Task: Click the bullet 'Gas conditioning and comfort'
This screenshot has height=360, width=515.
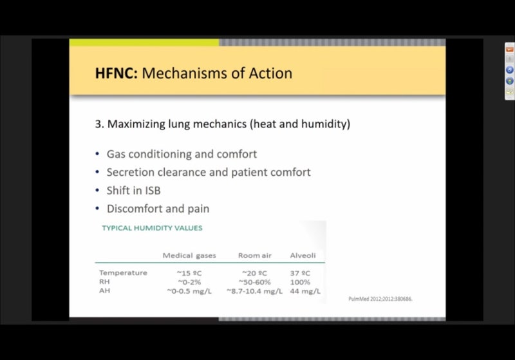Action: pyautogui.click(x=182, y=155)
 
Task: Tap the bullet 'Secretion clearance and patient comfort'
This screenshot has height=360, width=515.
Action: pyautogui.click(x=209, y=173)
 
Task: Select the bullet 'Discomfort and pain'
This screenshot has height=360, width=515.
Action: pyautogui.click(x=158, y=209)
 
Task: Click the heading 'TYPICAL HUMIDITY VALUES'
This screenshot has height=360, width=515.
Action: pyautogui.click(x=152, y=228)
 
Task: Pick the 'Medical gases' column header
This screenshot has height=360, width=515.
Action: pyautogui.click(x=189, y=256)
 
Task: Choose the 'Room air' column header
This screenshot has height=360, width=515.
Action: pyautogui.click(x=255, y=256)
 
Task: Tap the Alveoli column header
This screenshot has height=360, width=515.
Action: pyautogui.click(x=303, y=256)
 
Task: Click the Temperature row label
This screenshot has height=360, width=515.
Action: pyautogui.click(x=123, y=273)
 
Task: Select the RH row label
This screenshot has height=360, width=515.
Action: pyautogui.click(x=104, y=282)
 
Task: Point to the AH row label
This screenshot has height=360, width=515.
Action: pyautogui.click(x=104, y=291)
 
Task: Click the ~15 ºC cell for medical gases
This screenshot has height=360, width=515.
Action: pyautogui.click(x=189, y=273)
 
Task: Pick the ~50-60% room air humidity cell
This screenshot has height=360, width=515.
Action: pyautogui.click(x=254, y=282)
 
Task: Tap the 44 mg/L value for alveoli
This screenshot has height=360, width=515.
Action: pyautogui.click(x=300, y=291)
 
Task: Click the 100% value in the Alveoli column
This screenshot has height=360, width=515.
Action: pyautogui.click(x=300, y=282)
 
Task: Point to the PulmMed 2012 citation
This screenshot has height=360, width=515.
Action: pyautogui.click(x=380, y=299)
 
